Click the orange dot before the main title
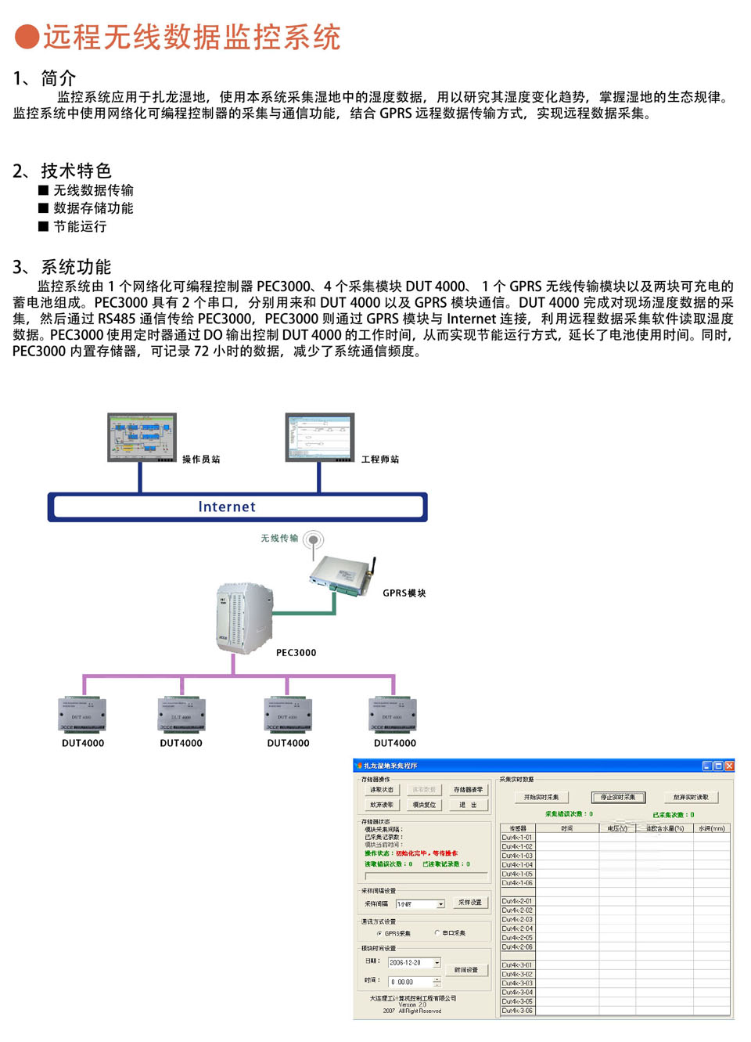27,37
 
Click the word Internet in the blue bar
227,507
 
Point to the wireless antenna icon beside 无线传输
314,540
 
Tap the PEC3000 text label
296,653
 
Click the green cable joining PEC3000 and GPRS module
305,613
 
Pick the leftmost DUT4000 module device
83,715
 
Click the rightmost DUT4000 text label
395,744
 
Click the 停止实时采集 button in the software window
618,797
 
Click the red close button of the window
729,766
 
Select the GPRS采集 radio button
379,933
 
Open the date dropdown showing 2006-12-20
437,963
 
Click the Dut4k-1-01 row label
517,838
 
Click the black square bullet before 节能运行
43,226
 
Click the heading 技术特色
76,171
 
